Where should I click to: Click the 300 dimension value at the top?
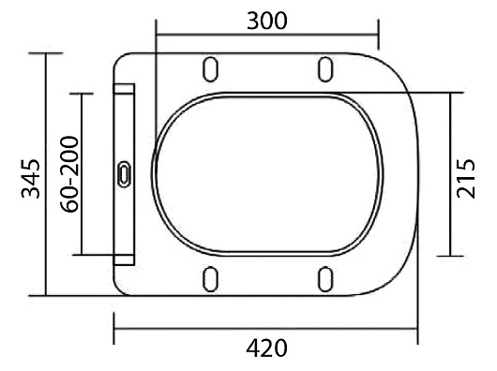[267, 21]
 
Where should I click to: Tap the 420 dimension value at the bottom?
[266, 349]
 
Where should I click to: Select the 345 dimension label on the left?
[31, 179]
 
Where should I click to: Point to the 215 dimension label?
[466, 179]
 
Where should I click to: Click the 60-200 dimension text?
[69, 174]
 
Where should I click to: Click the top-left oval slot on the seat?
[210, 69]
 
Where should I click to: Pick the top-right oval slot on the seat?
[325, 69]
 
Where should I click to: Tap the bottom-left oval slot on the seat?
[210, 279]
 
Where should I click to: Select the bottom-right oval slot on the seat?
[325, 279]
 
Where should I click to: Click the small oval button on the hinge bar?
[124, 174]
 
